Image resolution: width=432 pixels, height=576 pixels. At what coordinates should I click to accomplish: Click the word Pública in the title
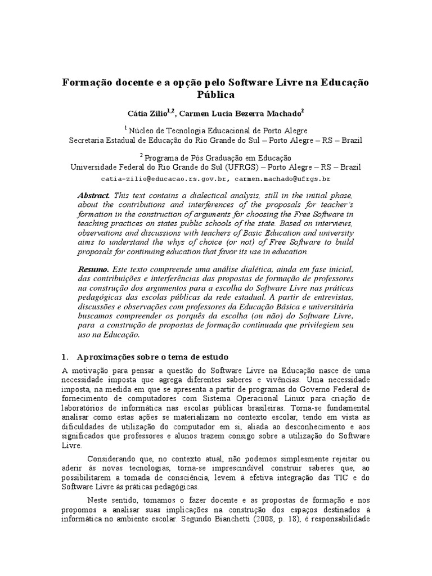tap(216, 95)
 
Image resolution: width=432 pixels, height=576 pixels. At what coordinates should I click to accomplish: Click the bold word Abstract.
tap(94, 195)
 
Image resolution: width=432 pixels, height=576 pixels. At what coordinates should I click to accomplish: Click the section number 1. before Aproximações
tap(64, 357)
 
